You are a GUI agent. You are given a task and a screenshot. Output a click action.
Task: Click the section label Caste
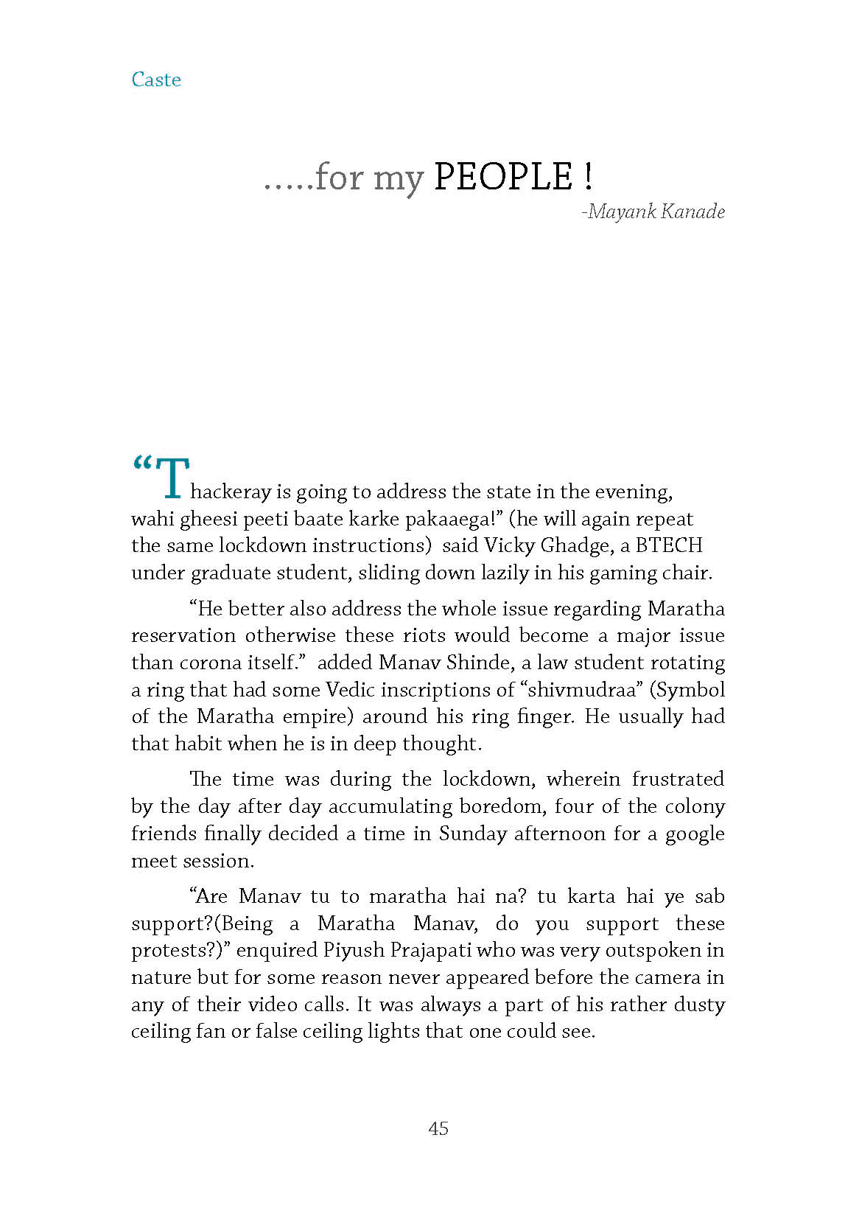[x=155, y=80]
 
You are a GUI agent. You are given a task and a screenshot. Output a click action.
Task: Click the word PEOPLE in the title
[x=502, y=178]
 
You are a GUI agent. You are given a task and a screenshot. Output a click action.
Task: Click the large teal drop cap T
[x=172, y=479]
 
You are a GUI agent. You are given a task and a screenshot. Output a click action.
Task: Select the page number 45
[x=438, y=1128]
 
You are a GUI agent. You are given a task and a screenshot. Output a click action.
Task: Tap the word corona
[x=209, y=663]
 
